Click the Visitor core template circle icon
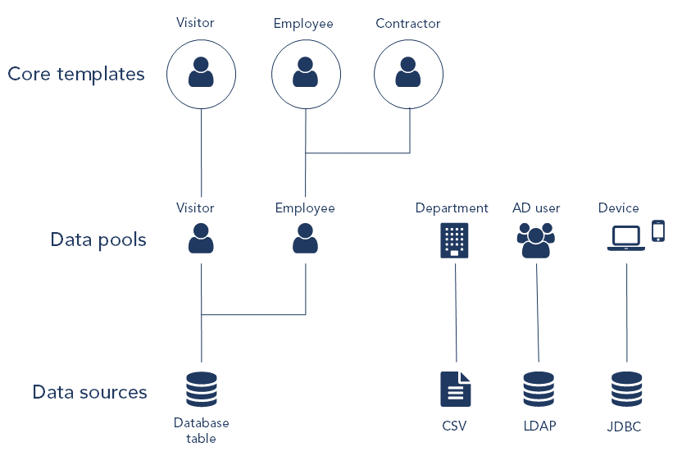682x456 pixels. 201,74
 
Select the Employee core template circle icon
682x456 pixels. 305,74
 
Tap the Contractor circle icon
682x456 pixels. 408,74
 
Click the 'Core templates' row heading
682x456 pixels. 76,74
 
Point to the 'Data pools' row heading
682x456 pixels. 98,240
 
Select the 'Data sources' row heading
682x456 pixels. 90,392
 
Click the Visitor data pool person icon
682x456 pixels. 201,239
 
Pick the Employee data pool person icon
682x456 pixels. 305,239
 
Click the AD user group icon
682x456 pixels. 536,240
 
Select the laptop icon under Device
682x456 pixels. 626,238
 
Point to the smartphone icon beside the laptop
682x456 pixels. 658,231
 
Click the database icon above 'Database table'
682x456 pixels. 201,390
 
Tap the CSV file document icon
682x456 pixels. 455,390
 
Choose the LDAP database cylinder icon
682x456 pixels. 539,390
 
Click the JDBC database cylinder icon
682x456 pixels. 627,390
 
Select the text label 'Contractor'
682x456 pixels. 408,24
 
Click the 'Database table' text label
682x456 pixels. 202,431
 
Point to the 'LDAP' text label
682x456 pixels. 539,426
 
